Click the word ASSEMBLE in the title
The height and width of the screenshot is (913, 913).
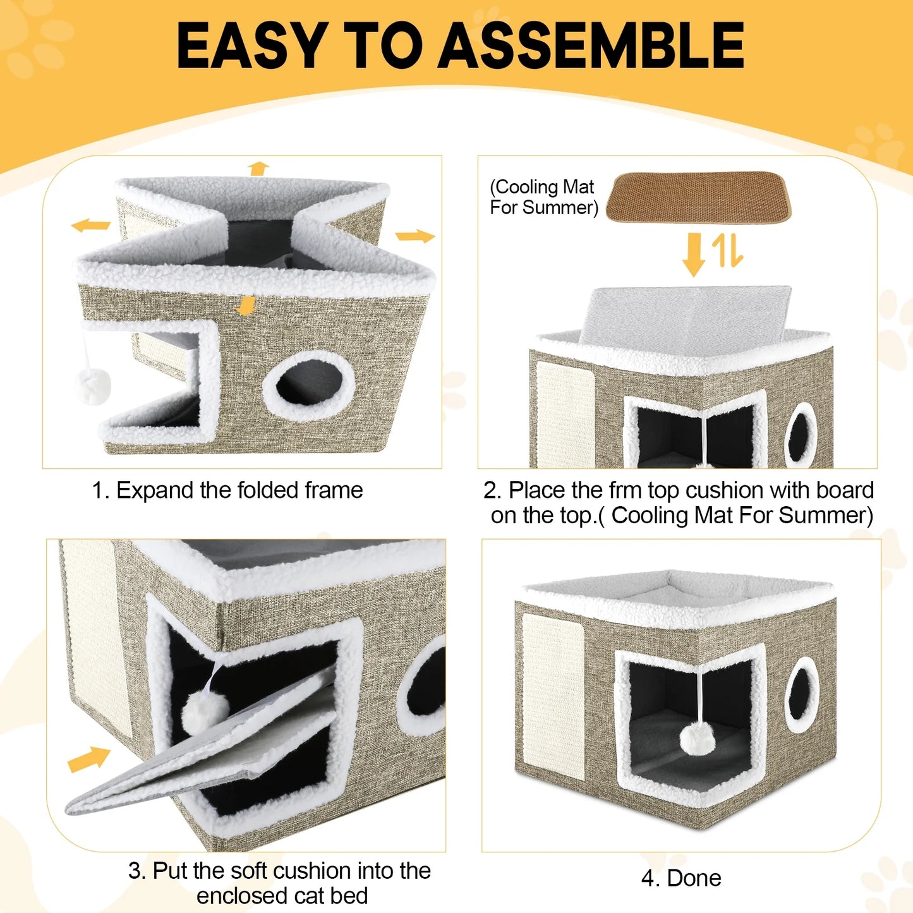pos(592,45)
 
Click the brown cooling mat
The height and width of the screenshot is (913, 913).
pos(698,197)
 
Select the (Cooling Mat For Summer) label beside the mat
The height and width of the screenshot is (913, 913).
pos(543,197)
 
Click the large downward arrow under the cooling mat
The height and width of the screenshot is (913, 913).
pos(694,254)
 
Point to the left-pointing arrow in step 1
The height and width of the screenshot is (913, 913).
pos(90,225)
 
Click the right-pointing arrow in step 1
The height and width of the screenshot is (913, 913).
pos(415,237)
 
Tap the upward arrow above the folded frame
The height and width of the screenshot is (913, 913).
pos(258,168)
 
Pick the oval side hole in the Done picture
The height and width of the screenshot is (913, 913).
pos(802,694)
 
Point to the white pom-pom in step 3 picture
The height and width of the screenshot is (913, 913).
pos(204,711)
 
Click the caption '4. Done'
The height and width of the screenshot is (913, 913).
pos(681,878)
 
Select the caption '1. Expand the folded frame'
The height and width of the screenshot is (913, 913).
pos(227,490)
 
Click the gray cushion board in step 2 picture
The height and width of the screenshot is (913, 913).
pos(686,315)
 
